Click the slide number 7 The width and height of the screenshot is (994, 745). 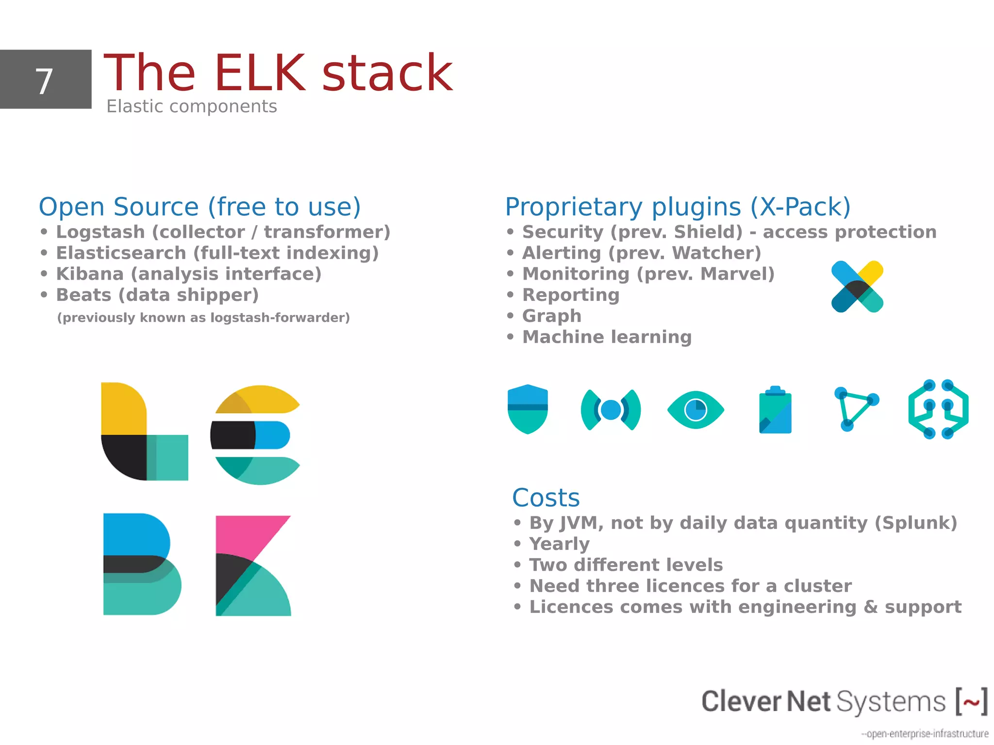click(x=44, y=81)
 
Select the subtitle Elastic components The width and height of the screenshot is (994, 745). click(x=192, y=106)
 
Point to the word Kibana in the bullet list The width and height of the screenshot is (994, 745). click(x=90, y=274)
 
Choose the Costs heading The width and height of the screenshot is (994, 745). click(x=546, y=497)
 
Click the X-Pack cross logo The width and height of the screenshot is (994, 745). click(x=857, y=287)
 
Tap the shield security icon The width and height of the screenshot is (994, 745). click(x=528, y=409)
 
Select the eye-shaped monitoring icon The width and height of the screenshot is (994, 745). click(x=696, y=410)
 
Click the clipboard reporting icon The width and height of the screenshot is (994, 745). click(x=775, y=411)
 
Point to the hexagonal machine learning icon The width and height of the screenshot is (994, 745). click(x=938, y=410)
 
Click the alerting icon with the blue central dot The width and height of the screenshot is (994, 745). click(x=611, y=410)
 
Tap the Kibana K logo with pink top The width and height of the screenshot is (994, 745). click(x=253, y=565)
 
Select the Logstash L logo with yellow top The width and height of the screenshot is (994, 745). click(x=144, y=431)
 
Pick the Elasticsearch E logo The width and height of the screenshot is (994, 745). click(x=255, y=435)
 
